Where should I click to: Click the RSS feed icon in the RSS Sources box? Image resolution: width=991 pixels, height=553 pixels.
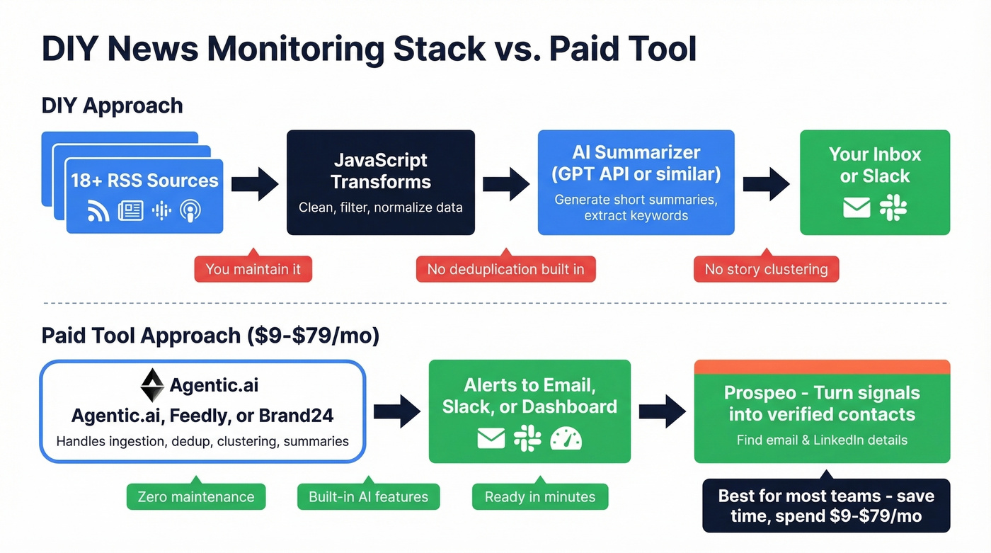[98, 210]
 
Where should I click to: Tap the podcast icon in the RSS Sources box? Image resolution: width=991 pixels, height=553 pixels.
[190, 210]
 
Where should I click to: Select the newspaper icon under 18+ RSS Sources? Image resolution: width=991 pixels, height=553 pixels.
[130, 210]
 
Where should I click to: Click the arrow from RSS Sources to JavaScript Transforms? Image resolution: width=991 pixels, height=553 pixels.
[255, 184]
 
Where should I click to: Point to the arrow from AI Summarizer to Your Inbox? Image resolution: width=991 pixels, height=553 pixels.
[767, 184]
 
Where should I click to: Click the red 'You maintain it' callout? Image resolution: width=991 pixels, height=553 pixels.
[253, 269]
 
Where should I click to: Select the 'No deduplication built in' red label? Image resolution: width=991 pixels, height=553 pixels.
[505, 269]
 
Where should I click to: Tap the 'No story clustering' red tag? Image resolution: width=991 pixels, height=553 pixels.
[766, 269]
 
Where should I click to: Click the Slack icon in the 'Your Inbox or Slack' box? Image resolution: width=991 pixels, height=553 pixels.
[893, 207]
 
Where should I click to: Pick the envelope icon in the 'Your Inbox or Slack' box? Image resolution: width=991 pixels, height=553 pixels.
[857, 207]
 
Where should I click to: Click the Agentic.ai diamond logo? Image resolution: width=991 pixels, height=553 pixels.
[152, 386]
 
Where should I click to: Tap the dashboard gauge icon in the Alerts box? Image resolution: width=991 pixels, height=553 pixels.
[566, 438]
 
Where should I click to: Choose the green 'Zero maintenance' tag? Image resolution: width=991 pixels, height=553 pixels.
[196, 496]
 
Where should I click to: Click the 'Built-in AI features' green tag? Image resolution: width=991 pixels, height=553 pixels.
[368, 496]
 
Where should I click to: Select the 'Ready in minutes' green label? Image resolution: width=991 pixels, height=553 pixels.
[540, 496]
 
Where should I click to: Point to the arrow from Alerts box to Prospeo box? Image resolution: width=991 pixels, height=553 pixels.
[663, 411]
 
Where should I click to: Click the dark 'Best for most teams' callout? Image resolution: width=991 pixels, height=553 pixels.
[826, 506]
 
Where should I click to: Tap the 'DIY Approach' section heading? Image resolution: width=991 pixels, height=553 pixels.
[112, 106]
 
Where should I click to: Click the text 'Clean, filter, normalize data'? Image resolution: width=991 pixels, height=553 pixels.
[380, 207]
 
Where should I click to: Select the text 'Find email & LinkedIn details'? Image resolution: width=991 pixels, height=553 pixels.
[822, 440]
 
